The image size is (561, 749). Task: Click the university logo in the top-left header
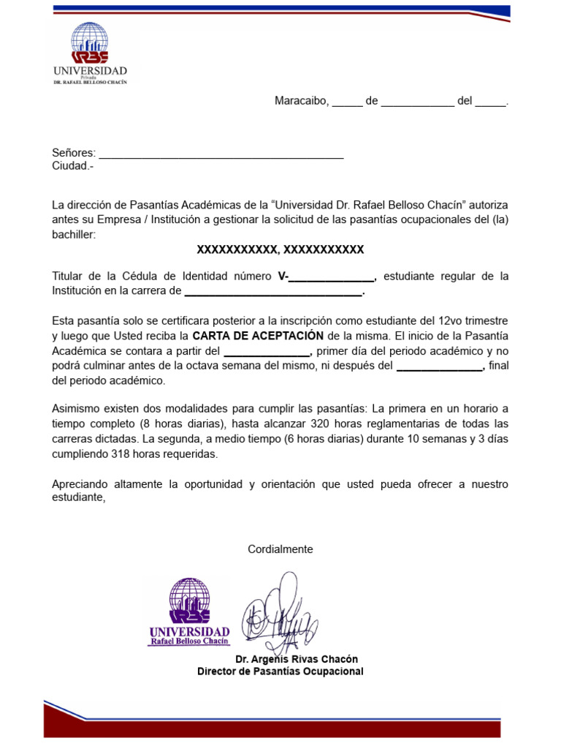click(89, 53)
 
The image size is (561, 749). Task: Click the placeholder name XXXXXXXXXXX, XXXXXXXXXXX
click(280, 250)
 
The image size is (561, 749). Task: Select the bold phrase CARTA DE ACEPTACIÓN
click(257, 336)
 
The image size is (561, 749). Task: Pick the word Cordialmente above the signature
click(280, 549)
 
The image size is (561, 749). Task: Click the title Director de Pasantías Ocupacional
click(280, 671)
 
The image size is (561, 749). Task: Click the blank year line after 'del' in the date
click(490, 102)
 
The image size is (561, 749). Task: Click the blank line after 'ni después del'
click(440, 366)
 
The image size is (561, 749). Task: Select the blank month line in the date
click(417, 102)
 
